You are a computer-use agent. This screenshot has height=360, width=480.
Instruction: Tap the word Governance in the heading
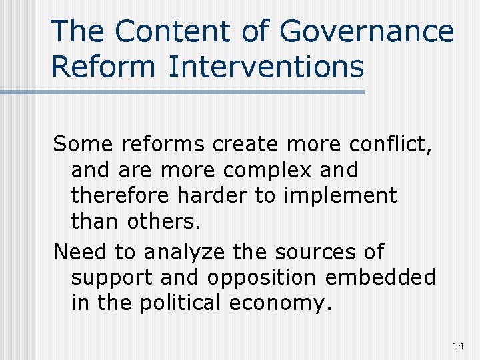click(367, 32)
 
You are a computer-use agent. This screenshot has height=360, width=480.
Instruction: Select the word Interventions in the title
click(267, 67)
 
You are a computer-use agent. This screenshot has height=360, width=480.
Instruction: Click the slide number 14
click(457, 345)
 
